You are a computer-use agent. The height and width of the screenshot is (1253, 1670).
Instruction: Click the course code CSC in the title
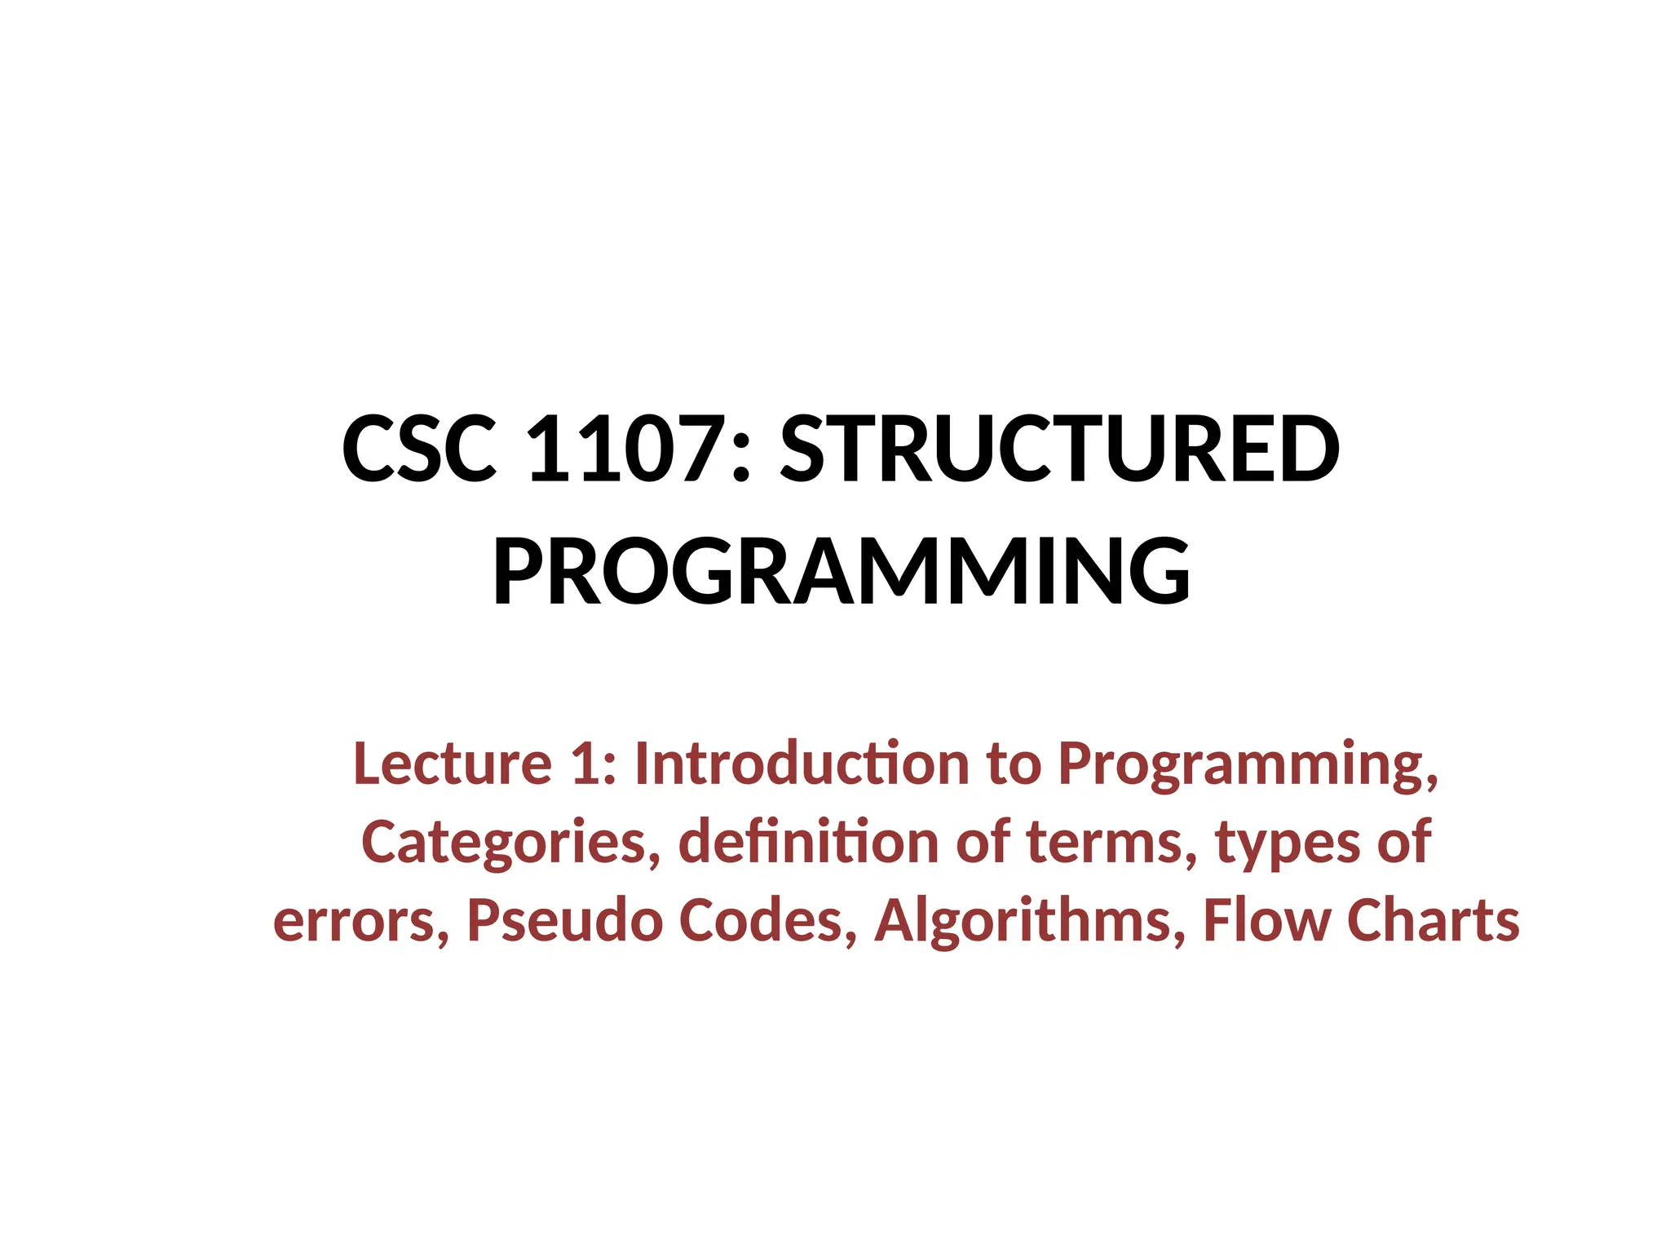pos(419,449)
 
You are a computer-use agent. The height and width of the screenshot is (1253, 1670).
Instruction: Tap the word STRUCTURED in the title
pos(1059,449)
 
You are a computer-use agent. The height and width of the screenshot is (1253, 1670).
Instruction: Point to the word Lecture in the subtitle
pos(453,764)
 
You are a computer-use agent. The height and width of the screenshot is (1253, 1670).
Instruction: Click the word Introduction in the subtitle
pos(802,764)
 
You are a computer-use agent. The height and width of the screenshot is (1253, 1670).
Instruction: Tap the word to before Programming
pos(1014,765)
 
